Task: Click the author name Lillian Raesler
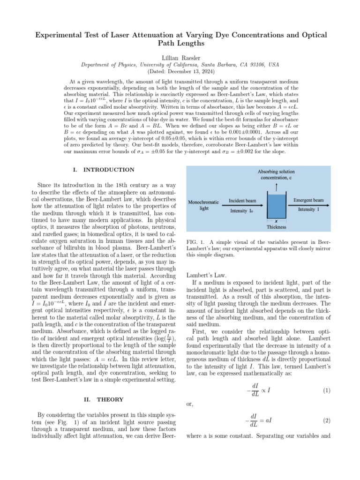[x=180, y=56]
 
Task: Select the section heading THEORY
[x=110, y=399]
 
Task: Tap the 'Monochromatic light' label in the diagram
[x=203, y=205]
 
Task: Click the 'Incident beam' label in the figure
[x=242, y=201]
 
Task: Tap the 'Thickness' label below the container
[x=276, y=227]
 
